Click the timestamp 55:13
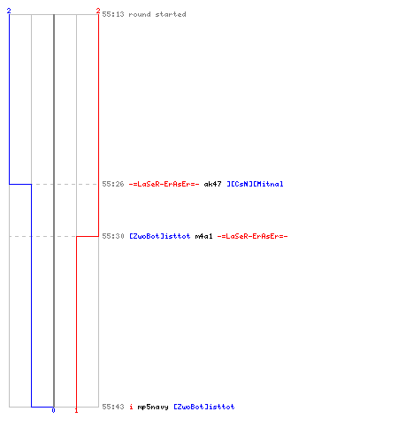point(113,14)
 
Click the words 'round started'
point(157,14)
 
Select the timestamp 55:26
point(113,184)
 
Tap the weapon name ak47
point(212,184)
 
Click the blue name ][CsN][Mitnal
point(255,184)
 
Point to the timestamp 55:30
point(113,236)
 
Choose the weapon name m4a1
point(204,236)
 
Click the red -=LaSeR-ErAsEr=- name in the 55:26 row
point(164,184)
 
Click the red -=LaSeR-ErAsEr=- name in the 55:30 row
point(252,236)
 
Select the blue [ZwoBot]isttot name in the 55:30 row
point(160,236)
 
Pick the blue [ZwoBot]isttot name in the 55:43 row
point(204,407)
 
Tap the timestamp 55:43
point(113,407)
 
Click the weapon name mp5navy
point(153,407)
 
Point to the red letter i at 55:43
point(131,407)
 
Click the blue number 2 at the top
point(9,11)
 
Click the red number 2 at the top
point(98,11)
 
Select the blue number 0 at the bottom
point(53,410)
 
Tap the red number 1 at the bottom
point(76,410)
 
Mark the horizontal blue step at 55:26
point(20,184)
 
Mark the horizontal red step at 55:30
point(88,236)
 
